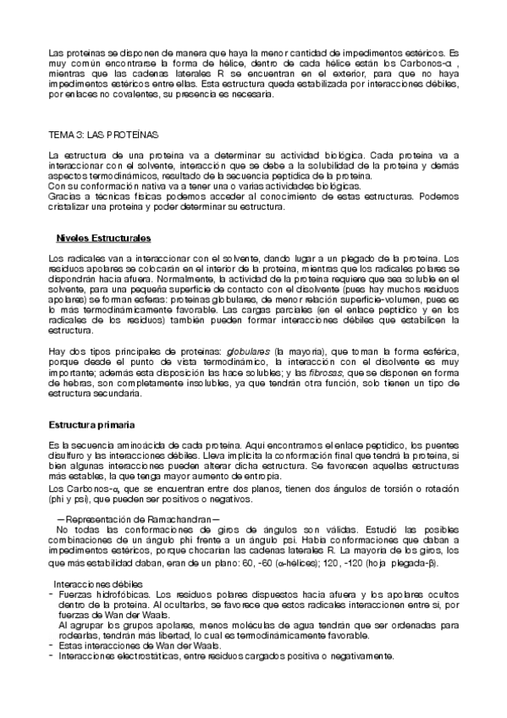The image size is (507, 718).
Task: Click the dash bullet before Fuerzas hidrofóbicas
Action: click(x=52, y=594)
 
